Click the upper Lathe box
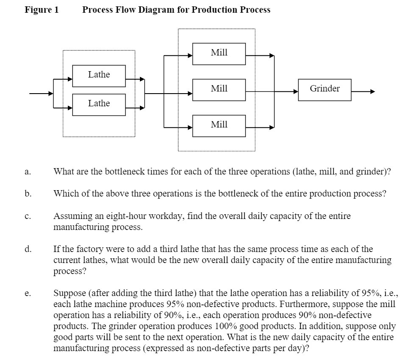99,75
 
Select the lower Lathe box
99,103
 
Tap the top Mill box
219,53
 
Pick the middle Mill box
219,89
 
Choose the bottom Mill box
219,125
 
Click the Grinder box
324,89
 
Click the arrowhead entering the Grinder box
295,91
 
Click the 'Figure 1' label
42,10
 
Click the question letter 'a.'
28,172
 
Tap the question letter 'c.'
28,216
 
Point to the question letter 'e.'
28,293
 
